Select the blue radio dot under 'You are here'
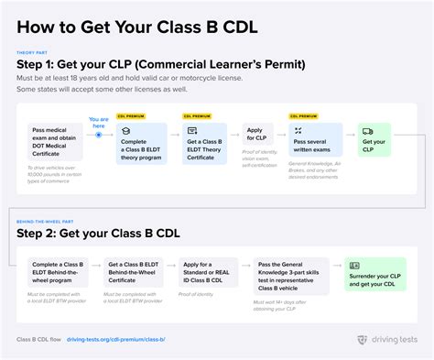[x=99, y=135]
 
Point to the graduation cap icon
[x=125, y=132]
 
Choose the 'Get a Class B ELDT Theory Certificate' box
[x=203, y=144]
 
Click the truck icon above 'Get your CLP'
[x=367, y=132]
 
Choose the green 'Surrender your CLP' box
[x=374, y=273]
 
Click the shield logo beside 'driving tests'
[x=363, y=339]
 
